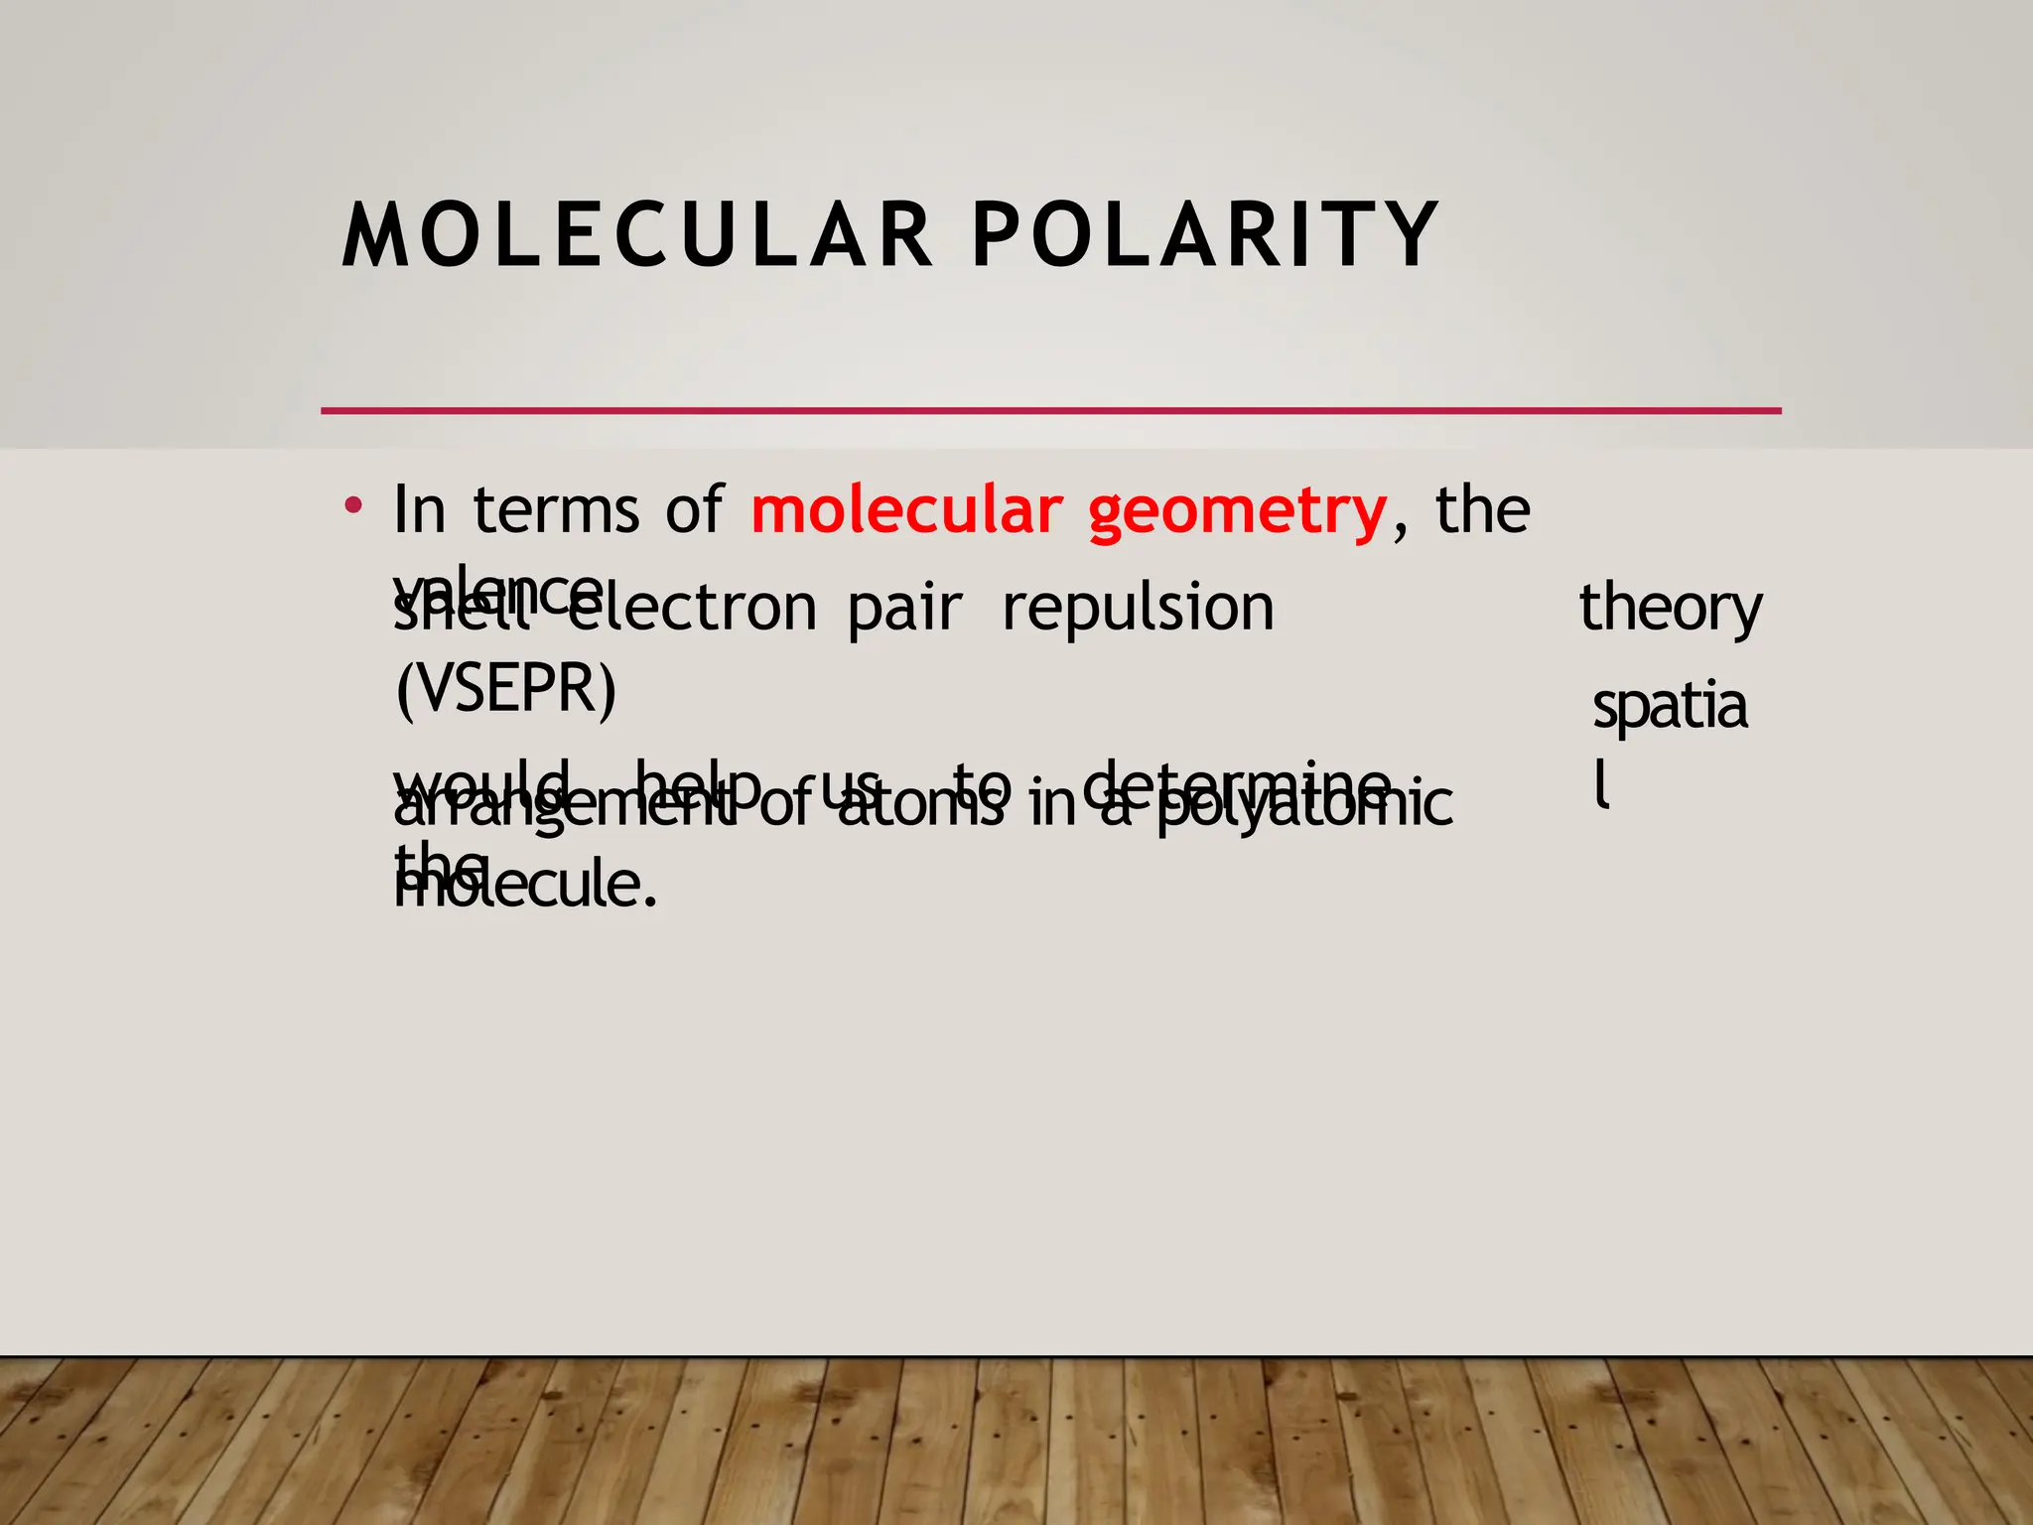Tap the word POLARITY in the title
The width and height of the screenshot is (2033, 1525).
click(x=1205, y=236)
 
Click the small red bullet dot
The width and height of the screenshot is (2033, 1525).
click(x=352, y=505)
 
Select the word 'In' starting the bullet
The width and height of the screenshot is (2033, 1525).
click(x=419, y=510)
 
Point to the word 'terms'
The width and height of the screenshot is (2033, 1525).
click(x=556, y=510)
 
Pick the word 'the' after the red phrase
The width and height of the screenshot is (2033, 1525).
click(x=1483, y=510)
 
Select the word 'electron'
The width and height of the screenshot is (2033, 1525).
click(x=695, y=608)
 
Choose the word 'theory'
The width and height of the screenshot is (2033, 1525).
click(x=1671, y=610)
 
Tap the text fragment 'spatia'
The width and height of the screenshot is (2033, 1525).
click(x=1670, y=708)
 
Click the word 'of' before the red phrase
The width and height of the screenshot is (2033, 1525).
click(x=694, y=510)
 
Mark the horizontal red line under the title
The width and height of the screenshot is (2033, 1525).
click(x=1050, y=410)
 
